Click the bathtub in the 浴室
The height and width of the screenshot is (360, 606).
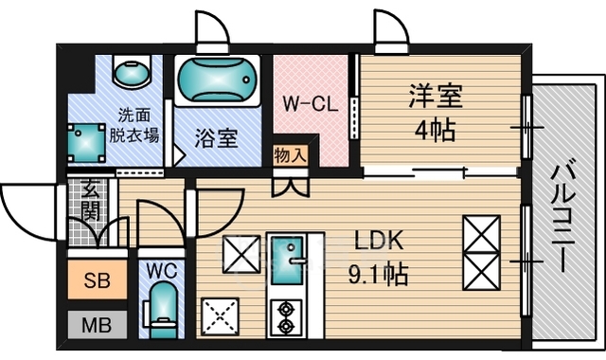[217, 81]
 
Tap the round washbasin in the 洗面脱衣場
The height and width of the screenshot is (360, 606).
[133, 72]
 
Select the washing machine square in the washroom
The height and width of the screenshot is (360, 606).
[86, 143]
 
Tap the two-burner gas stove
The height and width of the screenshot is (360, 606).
[286, 317]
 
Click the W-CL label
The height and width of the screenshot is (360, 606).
[311, 104]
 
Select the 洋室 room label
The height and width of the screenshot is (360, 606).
[436, 97]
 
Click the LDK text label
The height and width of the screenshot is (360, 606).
[379, 241]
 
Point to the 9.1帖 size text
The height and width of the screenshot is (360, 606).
[378, 276]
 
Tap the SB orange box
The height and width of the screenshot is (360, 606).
[98, 280]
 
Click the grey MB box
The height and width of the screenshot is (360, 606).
[97, 325]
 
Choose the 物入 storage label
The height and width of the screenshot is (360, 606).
[291, 155]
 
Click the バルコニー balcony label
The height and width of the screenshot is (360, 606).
[563, 218]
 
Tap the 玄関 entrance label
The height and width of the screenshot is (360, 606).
[91, 200]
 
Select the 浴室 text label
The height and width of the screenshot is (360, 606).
[216, 137]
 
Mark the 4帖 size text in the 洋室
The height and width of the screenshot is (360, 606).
[435, 131]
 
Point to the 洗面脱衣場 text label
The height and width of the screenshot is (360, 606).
[134, 125]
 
